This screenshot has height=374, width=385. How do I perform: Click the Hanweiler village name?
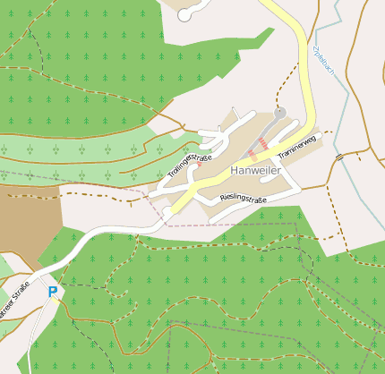(256, 169)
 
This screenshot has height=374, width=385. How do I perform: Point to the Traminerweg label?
(298, 148)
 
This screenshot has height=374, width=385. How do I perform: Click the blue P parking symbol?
(52, 291)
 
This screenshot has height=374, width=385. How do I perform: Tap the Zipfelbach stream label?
(323, 62)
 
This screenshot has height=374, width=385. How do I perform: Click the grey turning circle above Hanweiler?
(280, 114)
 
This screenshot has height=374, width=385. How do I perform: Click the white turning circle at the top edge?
(184, 14)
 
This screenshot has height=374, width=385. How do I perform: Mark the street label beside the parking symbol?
(16, 301)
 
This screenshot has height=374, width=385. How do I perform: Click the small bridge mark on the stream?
(339, 157)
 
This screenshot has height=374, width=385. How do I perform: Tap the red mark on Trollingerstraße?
(199, 164)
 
